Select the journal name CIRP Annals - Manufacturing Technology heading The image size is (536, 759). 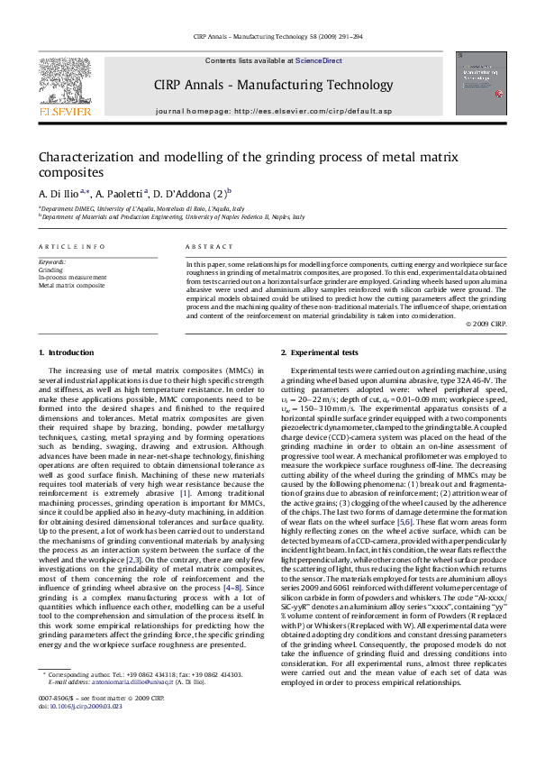(x=268, y=85)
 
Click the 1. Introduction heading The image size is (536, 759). (x=68, y=352)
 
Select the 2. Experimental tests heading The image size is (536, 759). (x=319, y=352)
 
